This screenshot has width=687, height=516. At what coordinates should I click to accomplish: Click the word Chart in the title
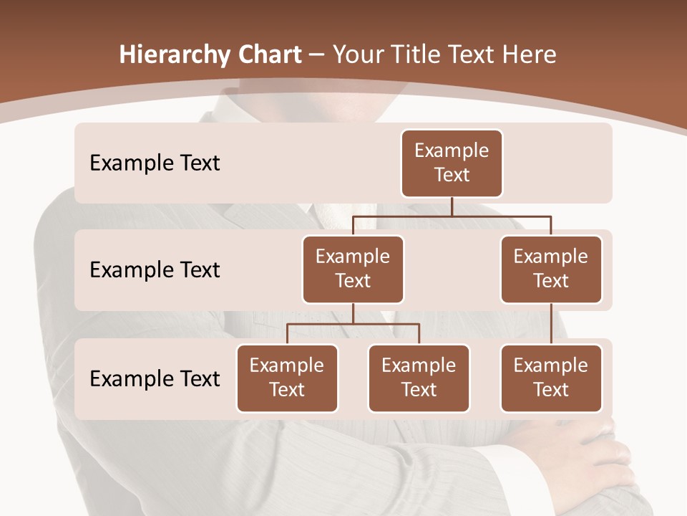pyautogui.click(x=266, y=55)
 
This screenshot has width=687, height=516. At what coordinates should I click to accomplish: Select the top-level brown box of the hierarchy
pyautogui.click(x=452, y=163)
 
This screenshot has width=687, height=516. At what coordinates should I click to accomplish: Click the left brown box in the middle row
pyautogui.click(x=353, y=269)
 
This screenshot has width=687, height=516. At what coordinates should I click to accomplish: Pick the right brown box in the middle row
pyautogui.click(x=551, y=269)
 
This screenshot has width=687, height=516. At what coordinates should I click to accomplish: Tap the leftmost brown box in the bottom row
pyautogui.click(x=287, y=378)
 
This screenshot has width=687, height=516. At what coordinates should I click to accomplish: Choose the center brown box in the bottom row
pyautogui.click(x=419, y=378)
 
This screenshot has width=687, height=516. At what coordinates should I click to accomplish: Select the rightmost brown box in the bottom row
pyautogui.click(x=551, y=378)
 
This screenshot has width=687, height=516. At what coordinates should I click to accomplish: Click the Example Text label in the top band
pyautogui.click(x=155, y=163)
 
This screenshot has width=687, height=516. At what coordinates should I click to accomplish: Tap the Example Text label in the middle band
pyautogui.click(x=155, y=270)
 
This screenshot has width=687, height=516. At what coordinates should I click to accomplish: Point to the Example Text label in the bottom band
pyautogui.click(x=155, y=378)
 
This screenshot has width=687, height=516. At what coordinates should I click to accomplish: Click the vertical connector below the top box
pyautogui.click(x=452, y=206)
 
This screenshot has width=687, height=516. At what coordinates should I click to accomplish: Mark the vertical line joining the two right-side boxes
pyautogui.click(x=551, y=323)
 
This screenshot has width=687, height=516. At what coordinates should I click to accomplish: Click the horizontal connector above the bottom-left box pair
pyautogui.click(x=353, y=324)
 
